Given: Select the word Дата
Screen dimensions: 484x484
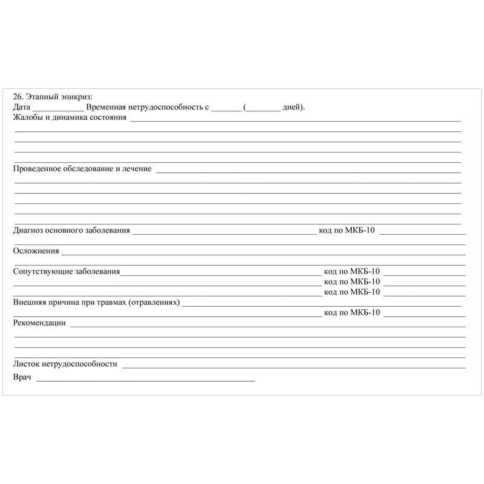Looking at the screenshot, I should pos(21,107).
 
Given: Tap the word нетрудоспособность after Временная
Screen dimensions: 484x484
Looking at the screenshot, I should pos(168,107).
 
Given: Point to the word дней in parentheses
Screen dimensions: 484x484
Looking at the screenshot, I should pos(292,107).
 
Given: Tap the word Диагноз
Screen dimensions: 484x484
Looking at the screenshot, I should pos(28,230).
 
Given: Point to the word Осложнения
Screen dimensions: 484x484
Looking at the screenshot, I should pos(36,250).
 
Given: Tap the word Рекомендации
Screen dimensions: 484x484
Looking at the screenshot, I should pos(39,322).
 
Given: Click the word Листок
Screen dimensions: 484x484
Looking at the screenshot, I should pos(25,364).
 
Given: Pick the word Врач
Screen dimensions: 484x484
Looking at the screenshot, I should pos(22,378).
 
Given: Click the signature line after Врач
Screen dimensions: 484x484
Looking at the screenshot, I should pos(145,380).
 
